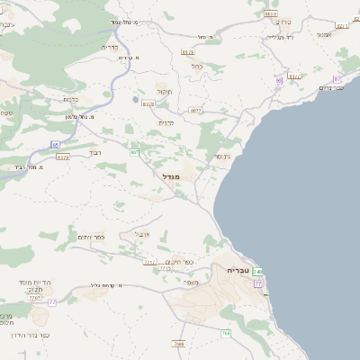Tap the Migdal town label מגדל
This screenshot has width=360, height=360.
click(171, 176)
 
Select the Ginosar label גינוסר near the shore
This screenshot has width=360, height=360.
click(220, 157)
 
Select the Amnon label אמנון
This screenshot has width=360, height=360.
click(324, 34)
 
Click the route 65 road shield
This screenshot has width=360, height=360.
click(55, 144)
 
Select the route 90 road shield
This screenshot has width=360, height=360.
click(279, 80)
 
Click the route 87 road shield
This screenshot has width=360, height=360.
click(337, 79)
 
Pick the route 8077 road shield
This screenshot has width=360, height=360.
click(195, 111)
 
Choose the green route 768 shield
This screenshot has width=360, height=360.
click(226, 333)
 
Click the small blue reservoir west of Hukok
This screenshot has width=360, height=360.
click(135, 99)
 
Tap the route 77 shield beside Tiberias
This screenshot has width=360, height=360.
click(258, 283)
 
